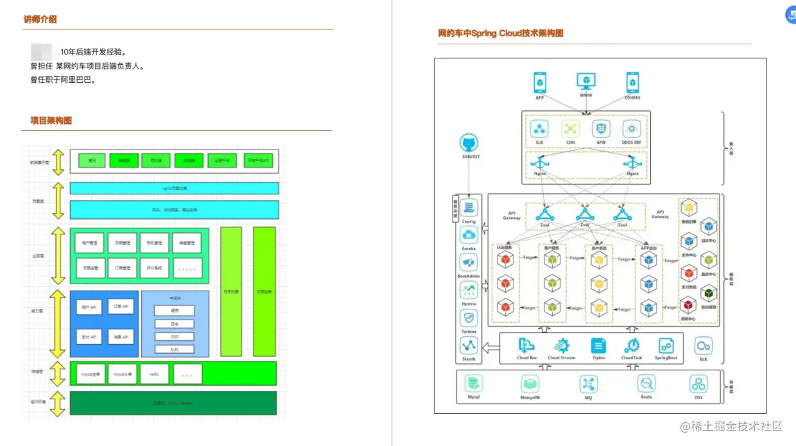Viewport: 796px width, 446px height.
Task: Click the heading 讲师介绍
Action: [x=40, y=19]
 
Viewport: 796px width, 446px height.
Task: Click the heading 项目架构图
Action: [x=51, y=120]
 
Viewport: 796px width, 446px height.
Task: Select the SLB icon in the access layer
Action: [x=539, y=128]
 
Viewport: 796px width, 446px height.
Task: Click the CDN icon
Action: [x=570, y=128]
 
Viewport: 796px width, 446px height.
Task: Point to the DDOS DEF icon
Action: [x=632, y=128]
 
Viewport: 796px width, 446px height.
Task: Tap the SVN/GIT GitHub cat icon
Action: [x=470, y=143]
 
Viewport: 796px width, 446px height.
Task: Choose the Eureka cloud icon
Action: [x=469, y=236]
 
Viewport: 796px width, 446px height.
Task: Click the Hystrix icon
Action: [x=469, y=291]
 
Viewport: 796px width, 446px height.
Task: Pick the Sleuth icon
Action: [x=469, y=347]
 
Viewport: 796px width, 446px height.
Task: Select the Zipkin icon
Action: [x=598, y=346]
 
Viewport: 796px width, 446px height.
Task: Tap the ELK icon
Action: [x=704, y=346]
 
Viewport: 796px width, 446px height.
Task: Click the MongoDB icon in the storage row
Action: [x=530, y=384]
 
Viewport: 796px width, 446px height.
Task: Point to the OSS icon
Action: [x=698, y=384]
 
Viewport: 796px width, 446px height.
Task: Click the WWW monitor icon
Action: [x=585, y=81]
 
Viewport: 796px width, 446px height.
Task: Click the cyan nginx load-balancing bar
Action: [x=174, y=188]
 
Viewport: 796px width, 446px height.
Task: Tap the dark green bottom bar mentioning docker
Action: [x=173, y=403]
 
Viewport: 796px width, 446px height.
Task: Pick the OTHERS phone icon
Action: [x=632, y=82]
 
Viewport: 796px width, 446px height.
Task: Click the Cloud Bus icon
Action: [x=526, y=346]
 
